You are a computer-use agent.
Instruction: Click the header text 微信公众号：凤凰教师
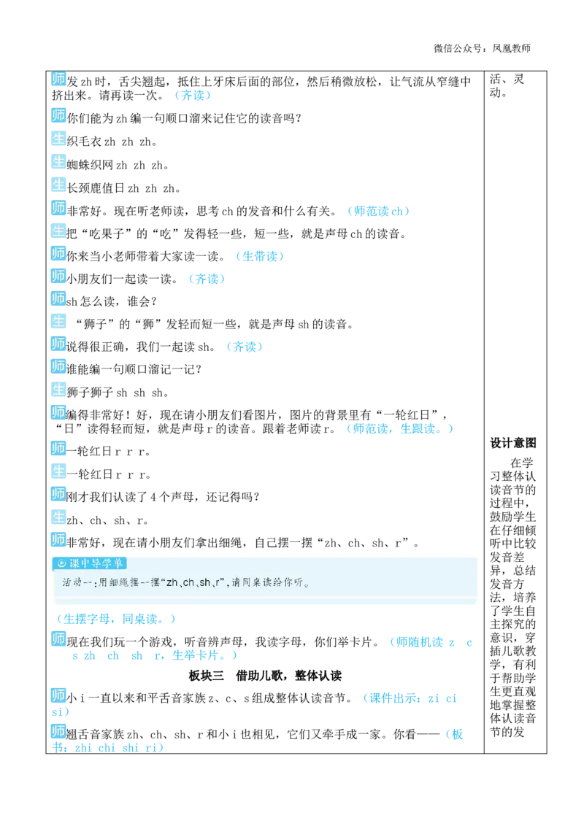[482, 48]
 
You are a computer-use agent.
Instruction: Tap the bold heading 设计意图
[512, 443]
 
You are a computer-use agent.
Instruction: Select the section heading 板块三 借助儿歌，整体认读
[265, 676]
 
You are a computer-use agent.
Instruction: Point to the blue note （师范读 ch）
[378, 211]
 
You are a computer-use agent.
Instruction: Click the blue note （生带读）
[259, 257]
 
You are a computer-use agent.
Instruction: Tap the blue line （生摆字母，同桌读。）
[115, 619]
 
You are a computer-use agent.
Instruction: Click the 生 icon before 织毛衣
[58, 139]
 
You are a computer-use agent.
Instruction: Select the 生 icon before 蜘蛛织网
[58, 162]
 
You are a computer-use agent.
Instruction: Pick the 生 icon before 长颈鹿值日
[58, 185]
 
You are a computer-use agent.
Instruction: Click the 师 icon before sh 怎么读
[58, 298]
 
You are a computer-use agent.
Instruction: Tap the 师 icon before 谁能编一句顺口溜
[58, 366]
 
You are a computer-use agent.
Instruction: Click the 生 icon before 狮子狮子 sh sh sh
[58, 390]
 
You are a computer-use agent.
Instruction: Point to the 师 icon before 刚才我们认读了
[58, 493]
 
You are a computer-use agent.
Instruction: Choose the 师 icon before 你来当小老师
[58, 253]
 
